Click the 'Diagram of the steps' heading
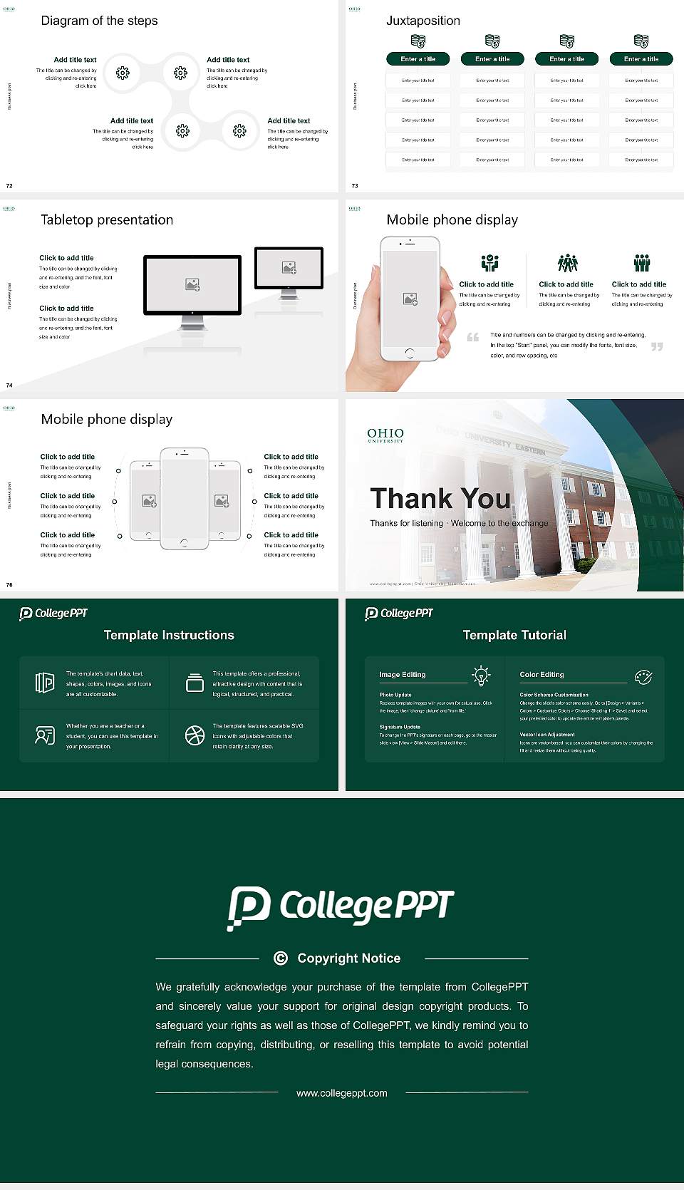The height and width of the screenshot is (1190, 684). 99,21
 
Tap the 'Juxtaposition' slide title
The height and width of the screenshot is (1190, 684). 423,21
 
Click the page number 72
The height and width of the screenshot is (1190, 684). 9,186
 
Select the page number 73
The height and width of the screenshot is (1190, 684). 355,186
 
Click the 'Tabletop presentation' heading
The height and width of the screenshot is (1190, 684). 107,219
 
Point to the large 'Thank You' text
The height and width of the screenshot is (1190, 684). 440,498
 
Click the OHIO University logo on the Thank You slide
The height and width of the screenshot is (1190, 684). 385,435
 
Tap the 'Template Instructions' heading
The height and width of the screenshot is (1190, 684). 169,635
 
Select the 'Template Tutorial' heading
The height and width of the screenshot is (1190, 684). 514,635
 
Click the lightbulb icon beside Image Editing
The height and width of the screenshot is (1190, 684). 481,676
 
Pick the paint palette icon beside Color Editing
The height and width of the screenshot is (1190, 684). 643,676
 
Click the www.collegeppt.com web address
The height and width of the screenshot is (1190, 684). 342,1093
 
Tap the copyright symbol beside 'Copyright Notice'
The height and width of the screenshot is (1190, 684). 281,958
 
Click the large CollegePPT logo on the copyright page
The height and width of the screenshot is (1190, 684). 341,907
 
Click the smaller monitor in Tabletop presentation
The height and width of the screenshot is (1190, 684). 289,269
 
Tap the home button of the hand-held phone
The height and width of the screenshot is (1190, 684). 409,353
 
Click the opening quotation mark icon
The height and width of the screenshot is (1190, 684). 473,337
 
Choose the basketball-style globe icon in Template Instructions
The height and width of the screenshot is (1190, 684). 195,735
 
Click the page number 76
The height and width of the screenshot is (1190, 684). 9,585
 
